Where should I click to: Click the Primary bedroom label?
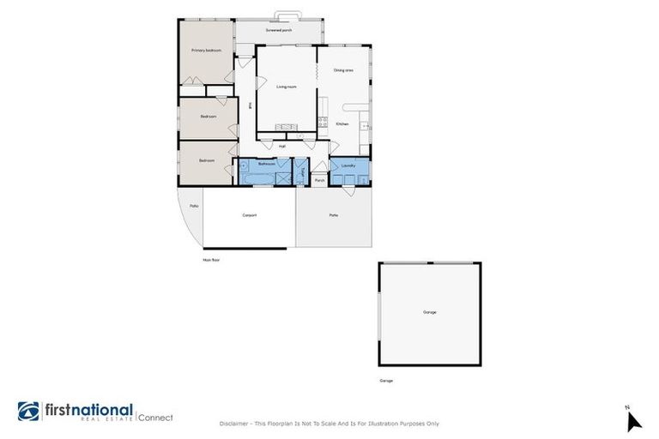[206, 51]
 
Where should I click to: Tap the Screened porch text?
[279, 30]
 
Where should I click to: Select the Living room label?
[286, 87]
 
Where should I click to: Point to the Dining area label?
[343, 70]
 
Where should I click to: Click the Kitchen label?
[342, 124]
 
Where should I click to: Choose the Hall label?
[282, 146]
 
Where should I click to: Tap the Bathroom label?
[267, 164]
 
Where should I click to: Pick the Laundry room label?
[348, 165]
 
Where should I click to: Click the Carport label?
[250, 214]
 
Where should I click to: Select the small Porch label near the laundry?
[319, 180]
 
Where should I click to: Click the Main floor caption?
[211, 259]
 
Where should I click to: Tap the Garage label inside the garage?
[429, 312]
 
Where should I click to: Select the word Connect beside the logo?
[155, 418]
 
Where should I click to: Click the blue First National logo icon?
[28, 412]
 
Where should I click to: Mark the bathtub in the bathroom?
[255, 178]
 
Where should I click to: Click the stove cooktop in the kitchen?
[323, 121]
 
